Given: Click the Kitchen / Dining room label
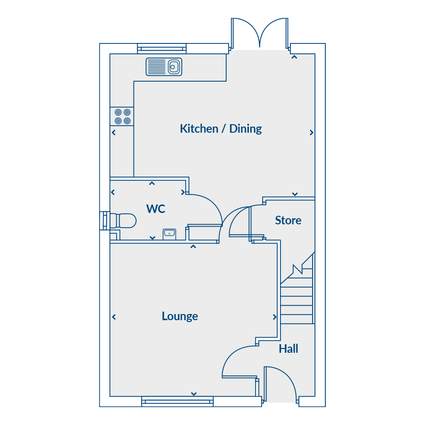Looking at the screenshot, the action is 221,129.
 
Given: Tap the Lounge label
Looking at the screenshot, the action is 180,316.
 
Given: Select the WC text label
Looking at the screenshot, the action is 155,209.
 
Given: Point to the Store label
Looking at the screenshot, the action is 288,220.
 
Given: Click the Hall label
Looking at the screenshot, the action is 289,348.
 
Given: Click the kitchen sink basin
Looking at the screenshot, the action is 174,67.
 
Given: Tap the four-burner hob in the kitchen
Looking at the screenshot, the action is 122,116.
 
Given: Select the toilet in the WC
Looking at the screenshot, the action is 123,221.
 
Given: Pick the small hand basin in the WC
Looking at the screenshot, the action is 170,234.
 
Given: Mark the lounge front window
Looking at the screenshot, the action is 177,401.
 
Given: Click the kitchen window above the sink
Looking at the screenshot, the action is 162,49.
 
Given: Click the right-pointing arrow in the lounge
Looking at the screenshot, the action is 274,317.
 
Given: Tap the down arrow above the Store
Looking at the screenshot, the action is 295,194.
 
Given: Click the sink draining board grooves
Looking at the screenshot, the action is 156,67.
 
